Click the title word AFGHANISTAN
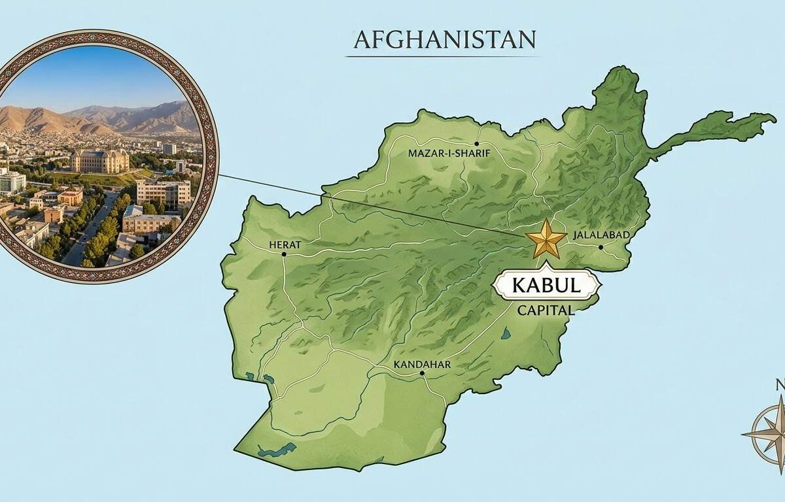[444, 40]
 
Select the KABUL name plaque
[546, 286]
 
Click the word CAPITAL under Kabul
[546, 310]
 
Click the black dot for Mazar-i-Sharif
[477, 143]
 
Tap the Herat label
[285, 244]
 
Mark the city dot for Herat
[284, 254]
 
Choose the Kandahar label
[422, 364]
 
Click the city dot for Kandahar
[423, 373]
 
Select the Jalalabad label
[600, 235]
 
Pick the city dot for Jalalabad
[601, 247]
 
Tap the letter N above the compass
[780, 384]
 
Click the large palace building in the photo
[99, 160]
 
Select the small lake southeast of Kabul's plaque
[505, 334]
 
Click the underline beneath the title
[443, 56]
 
